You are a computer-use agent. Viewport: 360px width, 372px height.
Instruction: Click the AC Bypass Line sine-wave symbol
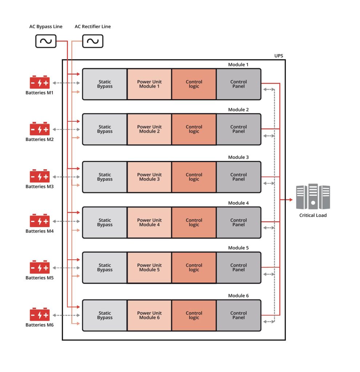[46, 41]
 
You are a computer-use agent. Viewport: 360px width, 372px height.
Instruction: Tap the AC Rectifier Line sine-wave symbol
[93, 41]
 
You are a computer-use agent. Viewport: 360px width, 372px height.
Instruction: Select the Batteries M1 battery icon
[40, 83]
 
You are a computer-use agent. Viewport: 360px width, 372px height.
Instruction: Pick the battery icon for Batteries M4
[40, 221]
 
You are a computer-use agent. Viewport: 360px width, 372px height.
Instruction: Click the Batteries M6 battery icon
[40, 314]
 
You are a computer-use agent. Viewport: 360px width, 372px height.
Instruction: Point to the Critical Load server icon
[313, 197]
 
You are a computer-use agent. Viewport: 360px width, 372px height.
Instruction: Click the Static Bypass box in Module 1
[105, 84]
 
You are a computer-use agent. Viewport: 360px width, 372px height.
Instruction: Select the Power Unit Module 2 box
[149, 129]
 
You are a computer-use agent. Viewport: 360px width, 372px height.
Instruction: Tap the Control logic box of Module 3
[194, 177]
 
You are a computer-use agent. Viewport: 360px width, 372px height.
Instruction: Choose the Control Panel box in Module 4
[239, 222]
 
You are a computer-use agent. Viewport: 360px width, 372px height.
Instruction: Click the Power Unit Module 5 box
[149, 267]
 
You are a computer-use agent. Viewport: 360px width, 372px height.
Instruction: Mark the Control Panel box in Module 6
[239, 315]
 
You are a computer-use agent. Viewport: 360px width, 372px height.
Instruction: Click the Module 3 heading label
[238, 157]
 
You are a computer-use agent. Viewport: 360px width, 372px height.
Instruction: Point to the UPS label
[279, 56]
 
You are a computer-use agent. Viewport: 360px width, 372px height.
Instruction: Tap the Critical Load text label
[313, 215]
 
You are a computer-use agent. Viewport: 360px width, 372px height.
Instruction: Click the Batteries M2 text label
[40, 139]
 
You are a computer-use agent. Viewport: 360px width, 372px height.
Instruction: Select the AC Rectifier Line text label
[93, 27]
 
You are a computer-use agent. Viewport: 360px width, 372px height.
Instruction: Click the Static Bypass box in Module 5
[105, 267]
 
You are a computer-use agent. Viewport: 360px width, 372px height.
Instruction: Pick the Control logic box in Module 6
[194, 315]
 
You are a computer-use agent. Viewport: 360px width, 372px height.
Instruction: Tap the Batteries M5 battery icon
[40, 267]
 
